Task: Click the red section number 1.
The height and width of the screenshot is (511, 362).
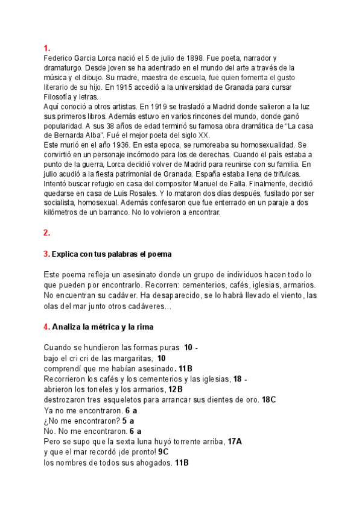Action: [x=46, y=48]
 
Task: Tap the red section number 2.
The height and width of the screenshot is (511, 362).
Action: [x=46, y=233]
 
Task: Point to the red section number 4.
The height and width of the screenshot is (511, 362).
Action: [x=46, y=327]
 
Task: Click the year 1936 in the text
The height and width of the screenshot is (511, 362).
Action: [x=121, y=145]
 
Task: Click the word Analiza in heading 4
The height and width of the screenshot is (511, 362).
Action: [x=67, y=327]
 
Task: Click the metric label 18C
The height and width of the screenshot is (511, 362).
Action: [x=268, y=399]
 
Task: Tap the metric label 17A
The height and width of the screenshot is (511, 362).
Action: [x=235, y=442]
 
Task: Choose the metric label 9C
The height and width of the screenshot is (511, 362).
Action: [x=164, y=452]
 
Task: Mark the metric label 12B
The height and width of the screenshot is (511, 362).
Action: [x=176, y=389]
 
